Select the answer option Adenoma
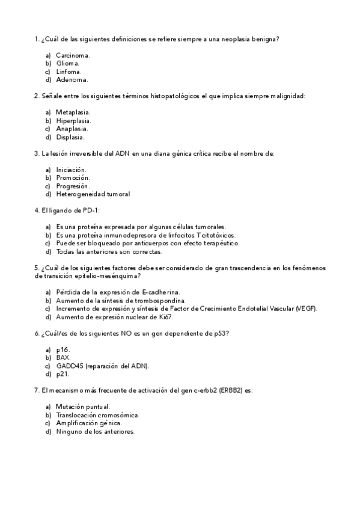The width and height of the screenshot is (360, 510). tap(72, 79)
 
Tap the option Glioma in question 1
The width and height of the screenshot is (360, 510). tap(67, 63)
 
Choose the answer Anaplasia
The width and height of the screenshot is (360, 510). tap(72, 129)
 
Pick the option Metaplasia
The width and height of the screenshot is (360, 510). tap(73, 112)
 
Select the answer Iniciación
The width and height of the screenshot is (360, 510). tap(71, 170)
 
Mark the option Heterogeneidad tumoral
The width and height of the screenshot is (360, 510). tap(93, 194)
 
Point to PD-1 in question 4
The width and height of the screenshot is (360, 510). tap(88, 210)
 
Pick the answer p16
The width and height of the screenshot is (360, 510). tap(63, 349)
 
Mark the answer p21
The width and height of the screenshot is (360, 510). tap(63, 374)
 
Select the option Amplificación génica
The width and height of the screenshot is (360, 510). tap(88, 423)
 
